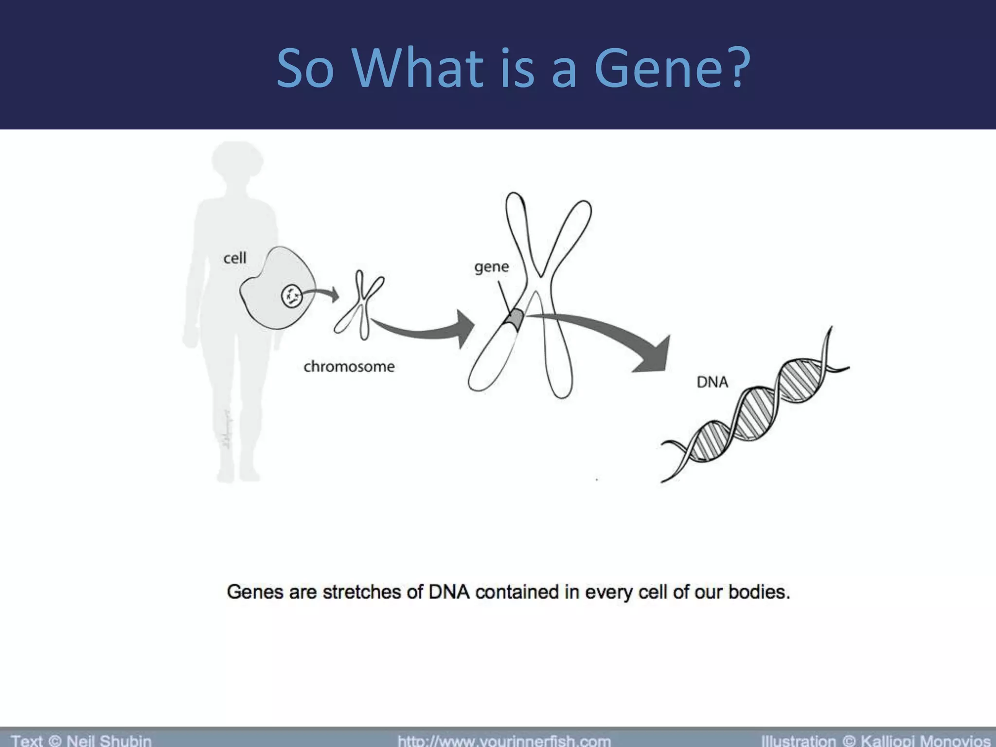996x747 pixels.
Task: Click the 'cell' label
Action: click(x=234, y=258)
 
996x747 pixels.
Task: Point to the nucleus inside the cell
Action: click(x=292, y=295)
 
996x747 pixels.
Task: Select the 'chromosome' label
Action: click(x=349, y=366)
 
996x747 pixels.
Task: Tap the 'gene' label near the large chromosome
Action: click(x=491, y=267)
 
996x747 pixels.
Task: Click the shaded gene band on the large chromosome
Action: click(x=515, y=318)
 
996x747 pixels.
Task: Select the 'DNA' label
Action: click(x=712, y=382)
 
